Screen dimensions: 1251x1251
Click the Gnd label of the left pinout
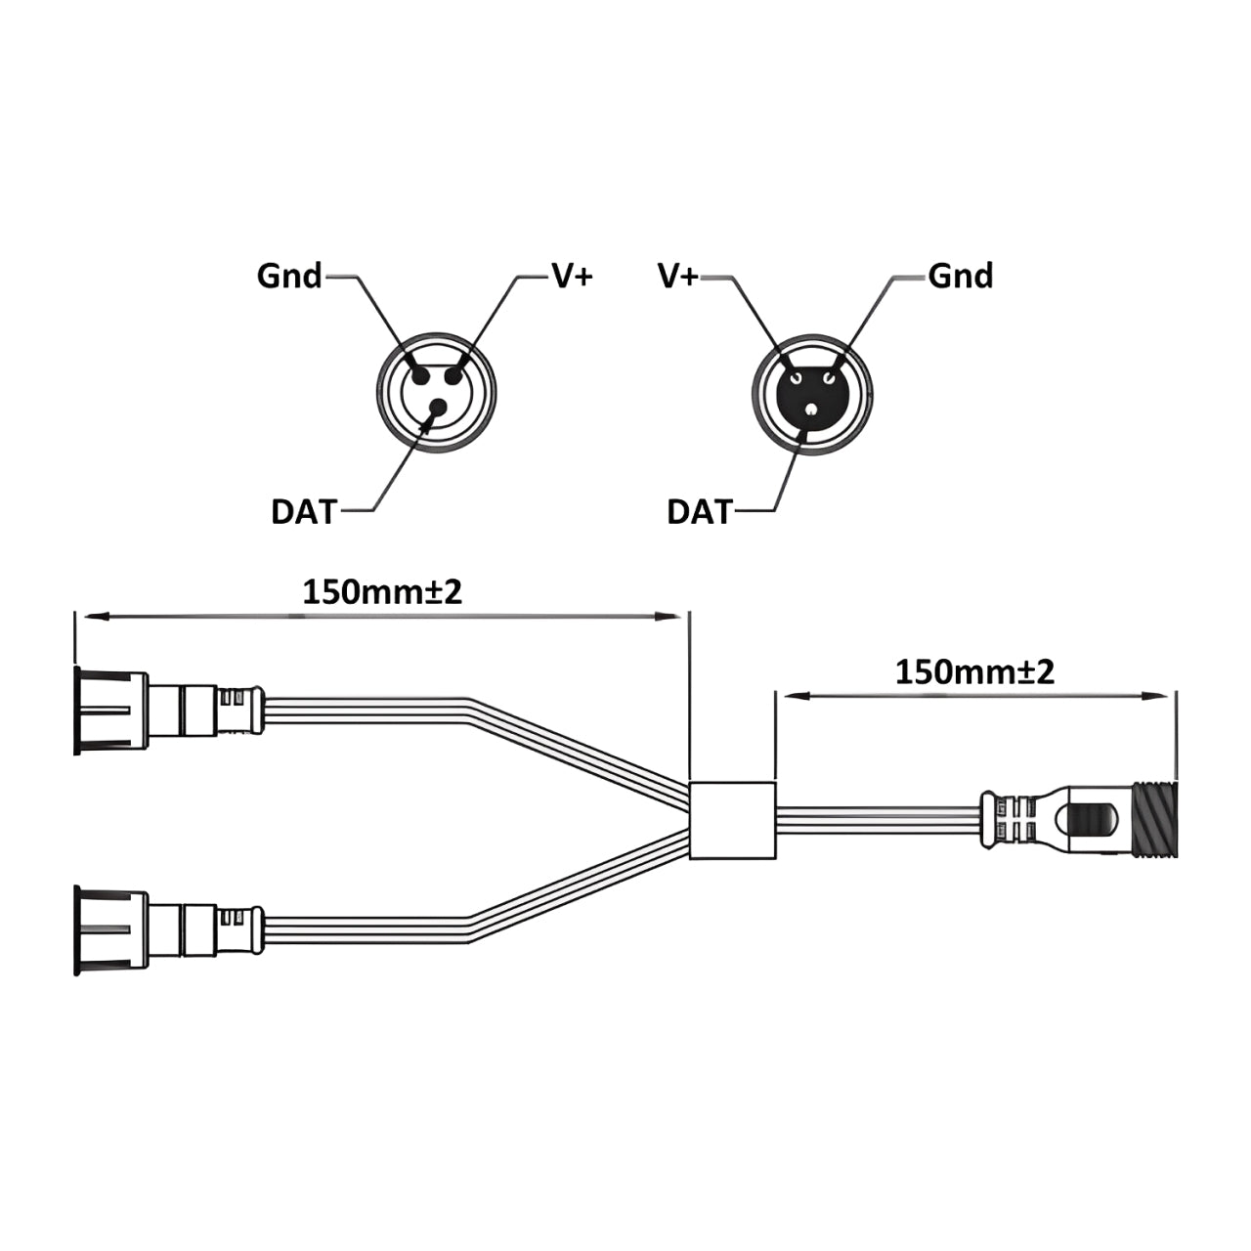pyautogui.click(x=288, y=277)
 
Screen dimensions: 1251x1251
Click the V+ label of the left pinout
pyautogui.click(x=572, y=277)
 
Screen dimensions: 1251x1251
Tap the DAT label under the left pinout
pyautogui.click(x=303, y=511)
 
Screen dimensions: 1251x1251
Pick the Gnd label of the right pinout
pyautogui.click(x=960, y=277)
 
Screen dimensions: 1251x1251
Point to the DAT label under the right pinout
pyautogui.click(x=699, y=511)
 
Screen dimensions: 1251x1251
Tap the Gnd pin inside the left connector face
pyautogui.click(x=420, y=375)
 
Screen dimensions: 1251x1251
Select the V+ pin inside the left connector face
pyautogui.click(x=454, y=375)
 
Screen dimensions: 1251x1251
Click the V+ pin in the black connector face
pyautogui.click(x=797, y=377)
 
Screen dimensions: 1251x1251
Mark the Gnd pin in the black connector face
pyautogui.click(x=830, y=377)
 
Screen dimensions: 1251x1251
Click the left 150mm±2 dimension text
pyautogui.click(x=381, y=592)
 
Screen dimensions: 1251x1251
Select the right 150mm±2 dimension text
pyautogui.click(x=974, y=672)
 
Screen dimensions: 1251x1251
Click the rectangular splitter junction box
pyautogui.click(x=733, y=820)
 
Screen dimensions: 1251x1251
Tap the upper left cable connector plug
pyautogui.click(x=166, y=711)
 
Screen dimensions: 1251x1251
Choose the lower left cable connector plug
pyautogui.click(x=166, y=930)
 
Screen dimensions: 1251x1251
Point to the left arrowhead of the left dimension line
pyautogui.click(x=88, y=616)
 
